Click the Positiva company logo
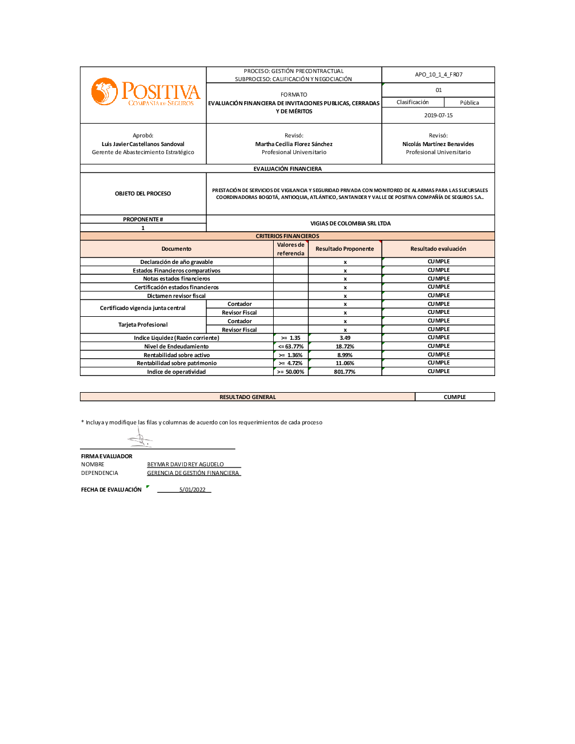(145, 93)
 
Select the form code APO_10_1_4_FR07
(438, 75)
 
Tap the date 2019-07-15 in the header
(438, 116)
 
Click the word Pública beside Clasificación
(469, 103)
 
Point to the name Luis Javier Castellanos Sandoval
(143, 144)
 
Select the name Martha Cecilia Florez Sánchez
(294, 144)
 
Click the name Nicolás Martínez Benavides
(438, 144)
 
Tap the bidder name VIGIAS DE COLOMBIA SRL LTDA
(350, 224)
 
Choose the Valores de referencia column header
(290, 249)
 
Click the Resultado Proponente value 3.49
(345, 338)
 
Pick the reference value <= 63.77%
(290, 347)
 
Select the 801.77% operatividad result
(345, 372)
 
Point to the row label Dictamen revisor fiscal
(177, 296)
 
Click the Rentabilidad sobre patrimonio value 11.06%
(345, 363)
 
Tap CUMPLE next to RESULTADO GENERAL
(454, 397)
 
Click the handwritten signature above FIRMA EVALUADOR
(140, 439)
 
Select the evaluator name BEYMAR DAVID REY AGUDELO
(185, 465)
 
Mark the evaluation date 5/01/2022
(192, 490)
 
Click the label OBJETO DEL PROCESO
(143, 194)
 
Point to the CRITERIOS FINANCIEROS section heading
(287, 236)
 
